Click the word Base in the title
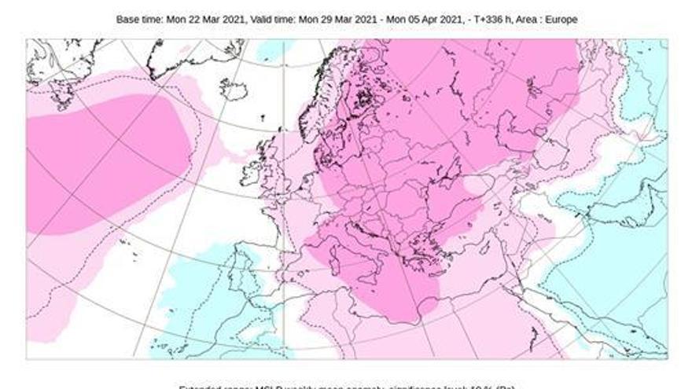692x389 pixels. point(127,19)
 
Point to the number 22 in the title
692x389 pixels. point(197,19)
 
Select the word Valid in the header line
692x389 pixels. point(271,19)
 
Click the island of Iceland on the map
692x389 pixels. point(234,90)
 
